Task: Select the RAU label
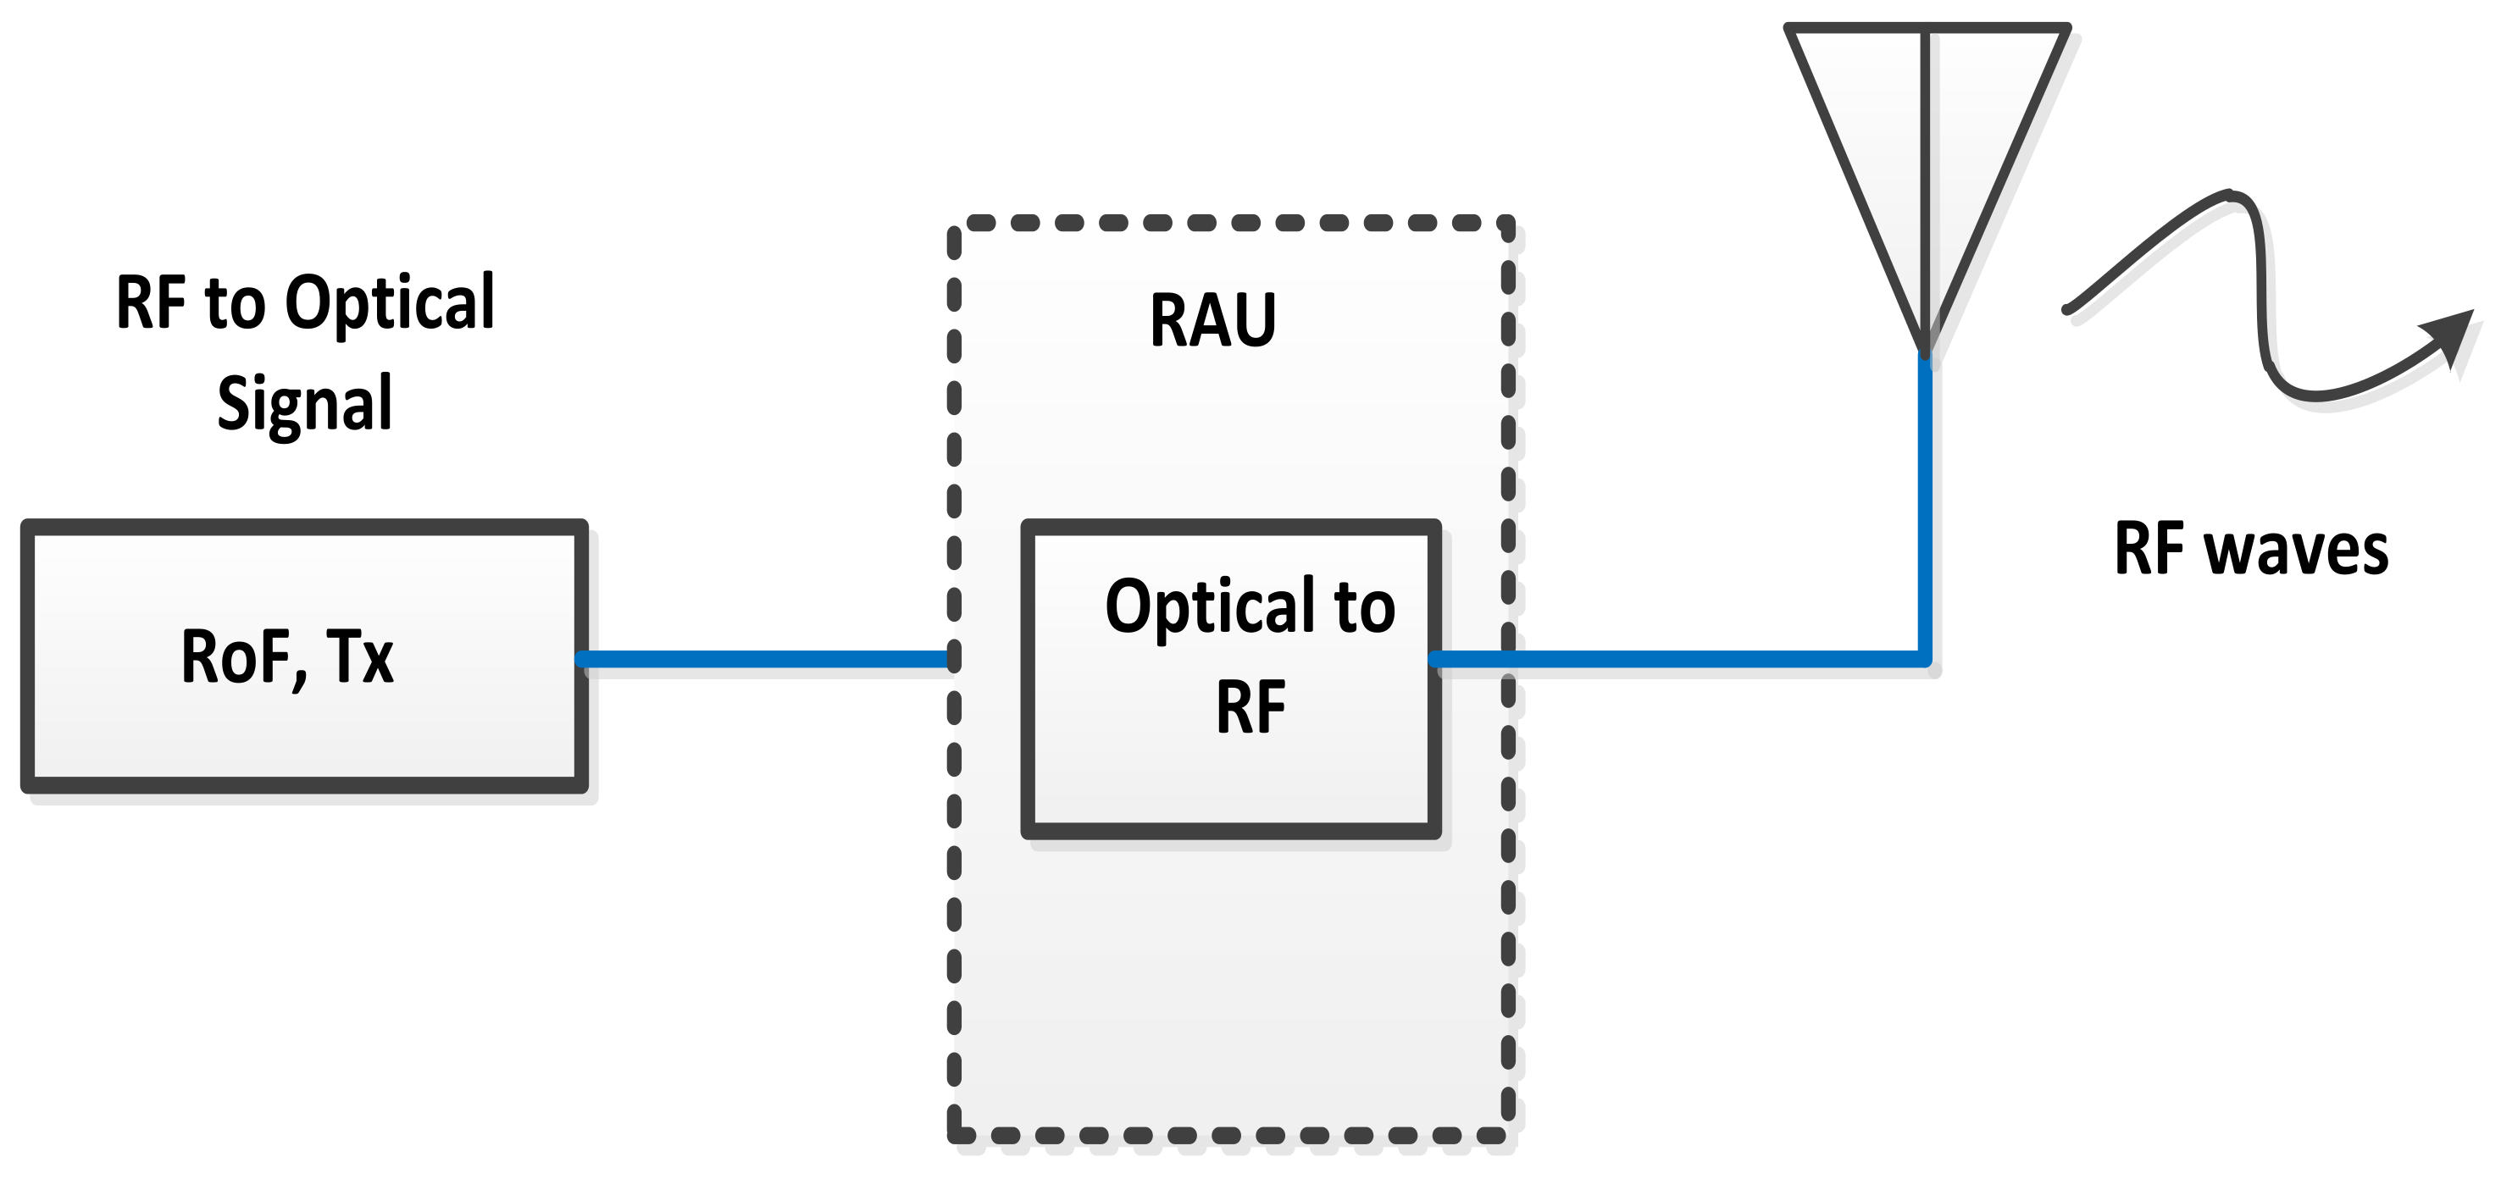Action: point(1212,320)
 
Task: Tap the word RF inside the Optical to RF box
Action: point(1250,708)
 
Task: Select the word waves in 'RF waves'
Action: point(2296,551)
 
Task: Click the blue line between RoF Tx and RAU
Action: point(762,660)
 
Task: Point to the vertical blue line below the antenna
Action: point(1924,505)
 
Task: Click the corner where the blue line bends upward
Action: point(1924,660)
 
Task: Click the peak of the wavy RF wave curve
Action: point(2233,195)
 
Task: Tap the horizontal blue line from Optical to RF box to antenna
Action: point(1680,660)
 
